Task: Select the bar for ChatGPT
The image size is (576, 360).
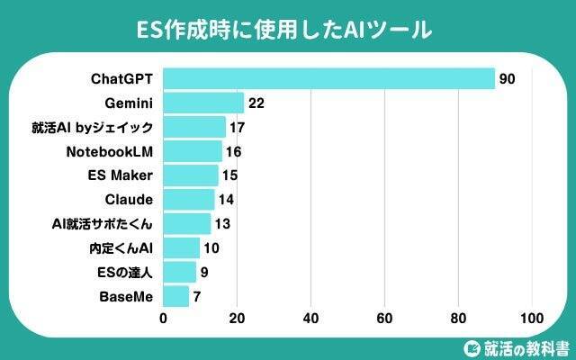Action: (x=329, y=78)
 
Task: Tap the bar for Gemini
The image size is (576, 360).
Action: (x=204, y=103)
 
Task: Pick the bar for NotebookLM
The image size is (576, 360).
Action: (x=193, y=151)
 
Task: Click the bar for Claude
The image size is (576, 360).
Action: (x=189, y=199)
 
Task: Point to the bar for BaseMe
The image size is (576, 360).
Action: (x=176, y=296)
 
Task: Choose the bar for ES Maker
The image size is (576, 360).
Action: (x=191, y=175)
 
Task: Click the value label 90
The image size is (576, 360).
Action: (x=507, y=79)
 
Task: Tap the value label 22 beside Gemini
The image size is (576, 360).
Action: (x=256, y=103)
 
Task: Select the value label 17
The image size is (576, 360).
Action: (x=238, y=127)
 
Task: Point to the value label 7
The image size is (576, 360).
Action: (x=198, y=296)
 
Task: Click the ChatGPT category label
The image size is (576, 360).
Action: (x=122, y=78)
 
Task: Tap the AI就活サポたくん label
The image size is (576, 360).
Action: (x=103, y=223)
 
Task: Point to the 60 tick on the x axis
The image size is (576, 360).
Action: (x=384, y=318)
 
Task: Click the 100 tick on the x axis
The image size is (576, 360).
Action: (x=531, y=318)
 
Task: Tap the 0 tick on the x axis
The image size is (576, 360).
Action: (x=164, y=318)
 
